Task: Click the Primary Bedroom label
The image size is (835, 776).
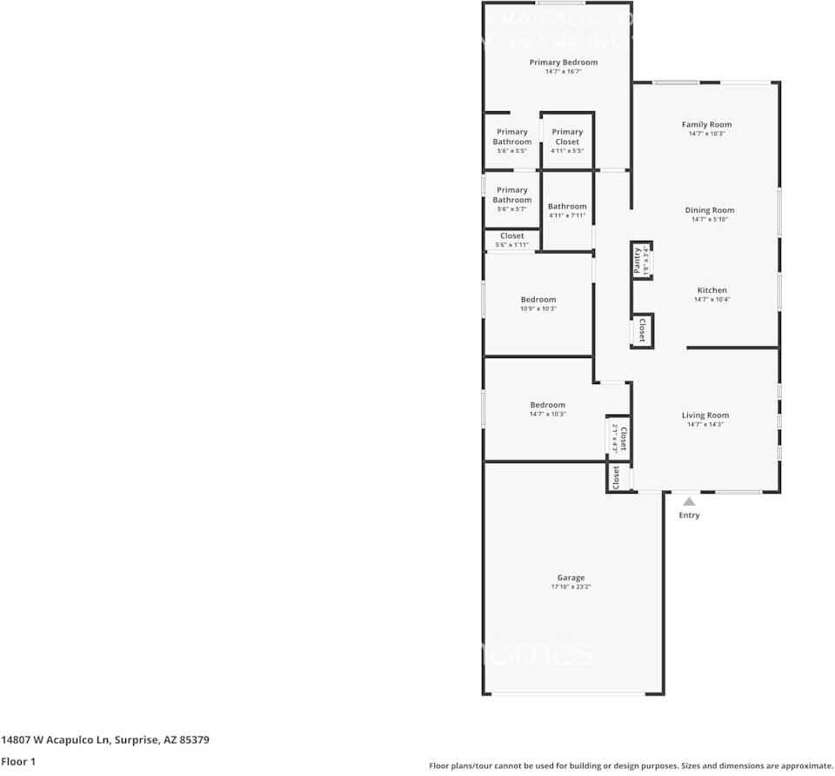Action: [564, 63]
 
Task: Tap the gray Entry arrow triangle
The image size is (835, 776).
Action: [689, 501]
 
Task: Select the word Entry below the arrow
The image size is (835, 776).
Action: [689, 515]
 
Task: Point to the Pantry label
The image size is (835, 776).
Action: [638, 261]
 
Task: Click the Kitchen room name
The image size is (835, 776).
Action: [711, 290]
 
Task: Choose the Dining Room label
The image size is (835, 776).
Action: [710, 210]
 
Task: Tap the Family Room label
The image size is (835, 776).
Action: [706, 125]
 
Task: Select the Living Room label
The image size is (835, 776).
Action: [705, 415]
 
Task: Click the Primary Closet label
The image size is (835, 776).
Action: [567, 136]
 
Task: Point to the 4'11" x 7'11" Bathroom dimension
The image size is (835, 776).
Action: [567, 216]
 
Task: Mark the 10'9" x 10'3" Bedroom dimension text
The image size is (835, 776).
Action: [538, 308]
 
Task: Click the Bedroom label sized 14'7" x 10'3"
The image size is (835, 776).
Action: [548, 405]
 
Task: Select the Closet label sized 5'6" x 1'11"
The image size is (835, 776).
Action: [511, 236]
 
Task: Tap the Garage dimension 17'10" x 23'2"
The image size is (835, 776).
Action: [571, 587]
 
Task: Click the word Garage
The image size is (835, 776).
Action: [571, 577]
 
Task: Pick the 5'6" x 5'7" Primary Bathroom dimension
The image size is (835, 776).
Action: [512, 209]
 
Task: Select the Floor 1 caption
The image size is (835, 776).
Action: [18, 761]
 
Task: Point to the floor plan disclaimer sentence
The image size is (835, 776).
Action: [631, 766]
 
